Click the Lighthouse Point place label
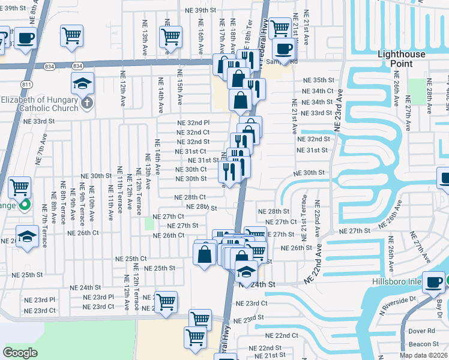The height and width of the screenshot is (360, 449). (403, 59)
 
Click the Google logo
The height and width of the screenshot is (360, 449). (20, 353)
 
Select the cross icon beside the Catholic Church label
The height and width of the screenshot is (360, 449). (86, 103)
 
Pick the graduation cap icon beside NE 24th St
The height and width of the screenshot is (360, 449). (246, 271)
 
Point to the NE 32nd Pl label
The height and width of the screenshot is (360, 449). (193, 122)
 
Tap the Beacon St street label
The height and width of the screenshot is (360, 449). (423, 344)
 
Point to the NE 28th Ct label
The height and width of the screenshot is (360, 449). (190, 197)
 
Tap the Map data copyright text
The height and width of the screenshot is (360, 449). (423, 355)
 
